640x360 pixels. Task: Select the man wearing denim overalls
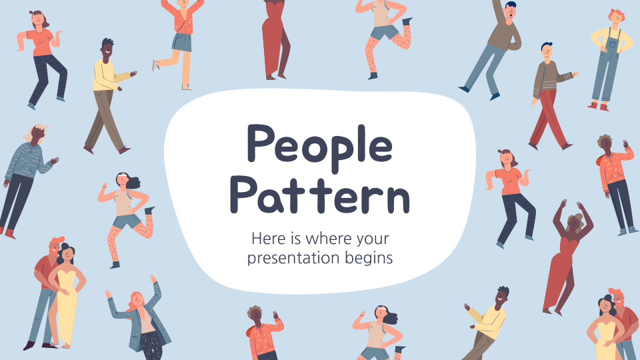(x=609, y=60)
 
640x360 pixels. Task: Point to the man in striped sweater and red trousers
(x=551, y=97)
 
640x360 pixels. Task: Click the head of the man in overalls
(x=615, y=17)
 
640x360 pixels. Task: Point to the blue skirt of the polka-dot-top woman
(x=182, y=42)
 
